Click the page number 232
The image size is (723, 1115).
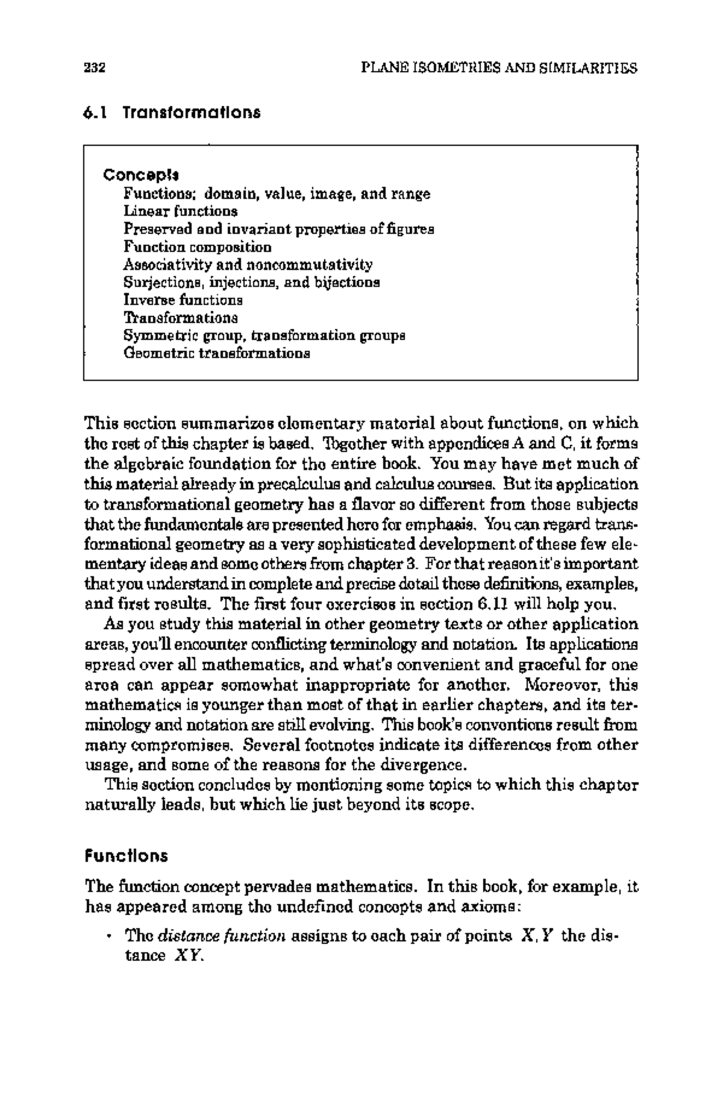pos(95,68)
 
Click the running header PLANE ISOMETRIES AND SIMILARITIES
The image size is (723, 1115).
pos(498,68)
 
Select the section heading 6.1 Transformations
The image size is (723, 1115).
pos(172,113)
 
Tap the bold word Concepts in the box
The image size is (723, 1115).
pos(141,175)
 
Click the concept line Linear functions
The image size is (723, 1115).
pos(180,212)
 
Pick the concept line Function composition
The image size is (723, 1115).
pos(197,247)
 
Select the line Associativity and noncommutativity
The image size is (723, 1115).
pos(248,265)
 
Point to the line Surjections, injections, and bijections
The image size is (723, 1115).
pos(251,282)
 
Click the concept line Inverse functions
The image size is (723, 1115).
pos(183,300)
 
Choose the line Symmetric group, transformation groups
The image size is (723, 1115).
pos(264,335)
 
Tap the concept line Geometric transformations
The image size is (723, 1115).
pos(216,353)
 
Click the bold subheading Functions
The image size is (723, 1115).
pos(126,856)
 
